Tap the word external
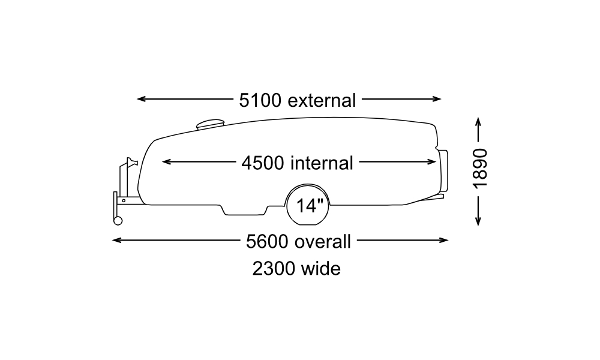(322, 100)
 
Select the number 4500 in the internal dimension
(263, 162)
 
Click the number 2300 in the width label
(273, 268)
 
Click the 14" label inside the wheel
(310, 206)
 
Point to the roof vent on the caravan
(209, 124)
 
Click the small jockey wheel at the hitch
(118, 220)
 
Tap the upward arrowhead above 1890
(478, 121)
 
